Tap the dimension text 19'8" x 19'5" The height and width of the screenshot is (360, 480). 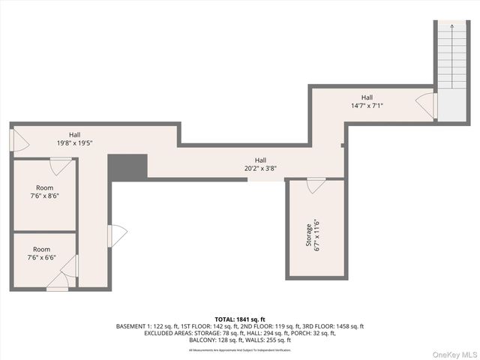coord(75,142)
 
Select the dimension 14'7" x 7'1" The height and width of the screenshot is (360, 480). coord(367,106)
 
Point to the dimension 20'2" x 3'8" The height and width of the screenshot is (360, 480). coord(260,169)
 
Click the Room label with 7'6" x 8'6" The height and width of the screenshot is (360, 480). coord(43,187)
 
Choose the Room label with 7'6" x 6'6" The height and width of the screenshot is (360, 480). coord(42,249)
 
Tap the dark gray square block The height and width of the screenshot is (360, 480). coord(127,167)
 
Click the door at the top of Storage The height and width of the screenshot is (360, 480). coord(316,184)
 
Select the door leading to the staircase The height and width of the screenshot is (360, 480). coord(427,105)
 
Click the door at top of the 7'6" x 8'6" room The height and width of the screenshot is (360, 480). coord(60,166)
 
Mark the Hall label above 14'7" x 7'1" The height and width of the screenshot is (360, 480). coord(367,97)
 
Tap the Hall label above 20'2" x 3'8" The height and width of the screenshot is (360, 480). coord(260,160)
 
